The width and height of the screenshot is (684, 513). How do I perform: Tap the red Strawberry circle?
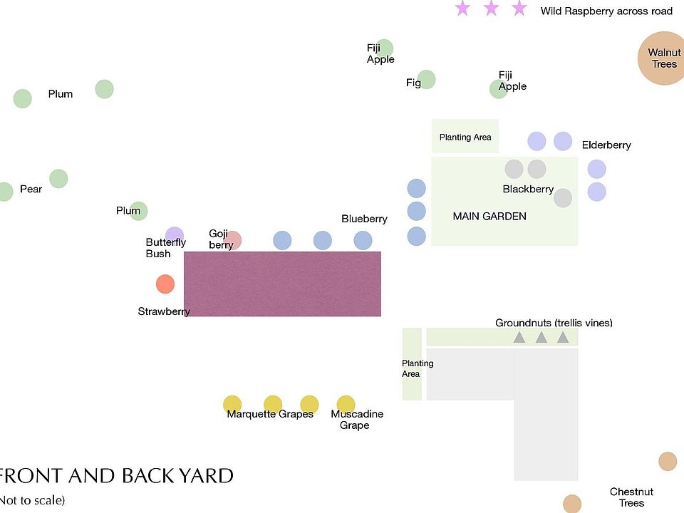pyautogui.click(x=165, y=284)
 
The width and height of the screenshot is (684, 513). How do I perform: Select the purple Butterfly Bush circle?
pyautogui.click(x=175, y=236)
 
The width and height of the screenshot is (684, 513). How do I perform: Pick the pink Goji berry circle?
pyautogui.click(x=233, y=240)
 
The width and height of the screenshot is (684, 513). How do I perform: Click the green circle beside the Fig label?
pyautogui.click(x=427, y=79)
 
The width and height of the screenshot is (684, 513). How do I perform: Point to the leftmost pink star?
pyautogui.click(x=462, y=9)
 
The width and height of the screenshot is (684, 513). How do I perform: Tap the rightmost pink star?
pyautogui.click(x=519, y=9)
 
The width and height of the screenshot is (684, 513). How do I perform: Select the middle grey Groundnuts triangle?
pyautogui.click(x=541, y=338)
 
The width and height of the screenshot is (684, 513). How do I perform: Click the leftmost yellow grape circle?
pyautogui.click(x=232, y=404)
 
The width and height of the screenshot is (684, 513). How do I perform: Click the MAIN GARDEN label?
pyautogui.click(x=489, y=216)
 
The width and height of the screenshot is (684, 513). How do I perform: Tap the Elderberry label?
pyautogui.click(x=606, y=145)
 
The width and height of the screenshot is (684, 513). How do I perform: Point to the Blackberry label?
pyautogui.click(x=528, y=189)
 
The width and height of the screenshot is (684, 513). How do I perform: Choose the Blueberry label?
pyautogui.click(x=364, y=219)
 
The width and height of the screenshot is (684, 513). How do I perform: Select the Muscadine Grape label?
pyautogui.click(x=357, y=420)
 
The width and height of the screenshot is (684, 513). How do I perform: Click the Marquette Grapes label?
pyautogui.click(x=270, y=414)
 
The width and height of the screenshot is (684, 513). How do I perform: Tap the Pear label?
pyautogui.click(x=31, y=189)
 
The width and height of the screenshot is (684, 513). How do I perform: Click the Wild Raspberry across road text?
pyautogui.click(x=606, y=11)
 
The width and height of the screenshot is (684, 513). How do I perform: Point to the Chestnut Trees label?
pyautogui.click(x=631, y=497)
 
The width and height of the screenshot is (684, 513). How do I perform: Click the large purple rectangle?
pyautogui.click(x=282, y=284)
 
